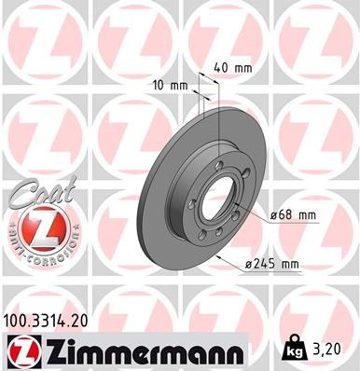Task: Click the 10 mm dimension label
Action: click(x=168, y=86)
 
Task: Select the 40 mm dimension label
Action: click(x=233, y=67)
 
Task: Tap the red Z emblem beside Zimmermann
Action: click(x=22, y=350)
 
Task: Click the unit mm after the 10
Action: click(x=179, y=86)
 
